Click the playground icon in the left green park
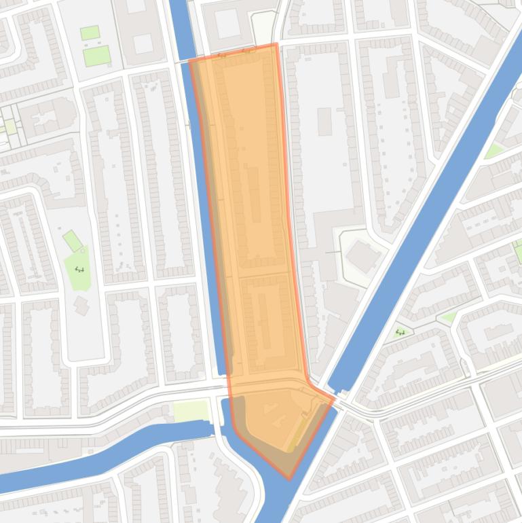[79, 269]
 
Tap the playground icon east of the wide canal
[400, 332]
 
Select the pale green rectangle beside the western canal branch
[191, 410]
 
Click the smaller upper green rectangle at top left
[90, 33]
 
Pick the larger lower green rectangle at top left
[96, 56]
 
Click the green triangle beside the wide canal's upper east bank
[494, 150]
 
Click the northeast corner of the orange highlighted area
[276, 45]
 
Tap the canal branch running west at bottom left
[102, 448]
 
